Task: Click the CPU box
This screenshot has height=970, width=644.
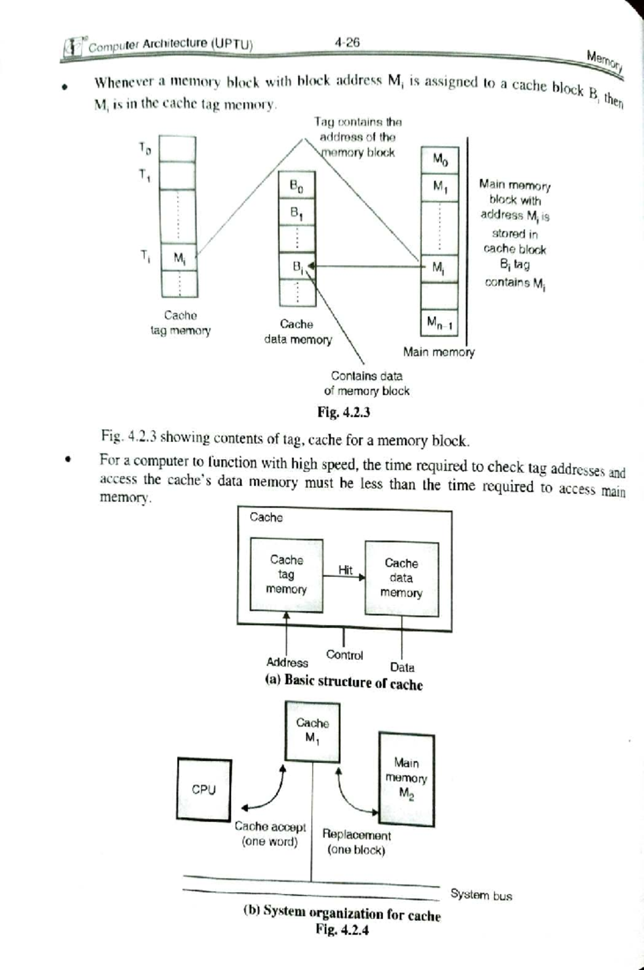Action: coord(204,789)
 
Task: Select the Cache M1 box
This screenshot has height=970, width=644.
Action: coord(312,730)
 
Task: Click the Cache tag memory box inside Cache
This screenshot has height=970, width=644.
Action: coord(287,575)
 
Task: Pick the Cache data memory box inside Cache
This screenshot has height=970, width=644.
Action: coord(401,578)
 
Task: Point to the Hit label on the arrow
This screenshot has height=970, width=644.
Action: coord(345,570)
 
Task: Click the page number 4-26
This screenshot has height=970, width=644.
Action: coord(347,42)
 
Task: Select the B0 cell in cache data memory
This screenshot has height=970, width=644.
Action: coord(296,186)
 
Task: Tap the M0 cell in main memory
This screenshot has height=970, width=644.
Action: coord(440,159)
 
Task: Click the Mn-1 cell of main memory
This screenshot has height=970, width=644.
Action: coord(440,322)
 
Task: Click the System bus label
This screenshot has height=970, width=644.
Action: coord(481,895)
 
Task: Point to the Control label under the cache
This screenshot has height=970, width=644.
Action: coord(345,655)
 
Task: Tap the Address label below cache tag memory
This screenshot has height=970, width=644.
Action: coord(287,663)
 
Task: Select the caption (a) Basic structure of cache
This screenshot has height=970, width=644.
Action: coord(344,682)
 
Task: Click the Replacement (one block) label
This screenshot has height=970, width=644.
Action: coord(356,842)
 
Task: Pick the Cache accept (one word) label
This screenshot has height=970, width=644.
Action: coord(270,834)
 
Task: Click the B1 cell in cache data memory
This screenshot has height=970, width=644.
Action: coord(296,213)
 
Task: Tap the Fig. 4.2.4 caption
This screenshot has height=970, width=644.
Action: coord(342,930)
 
